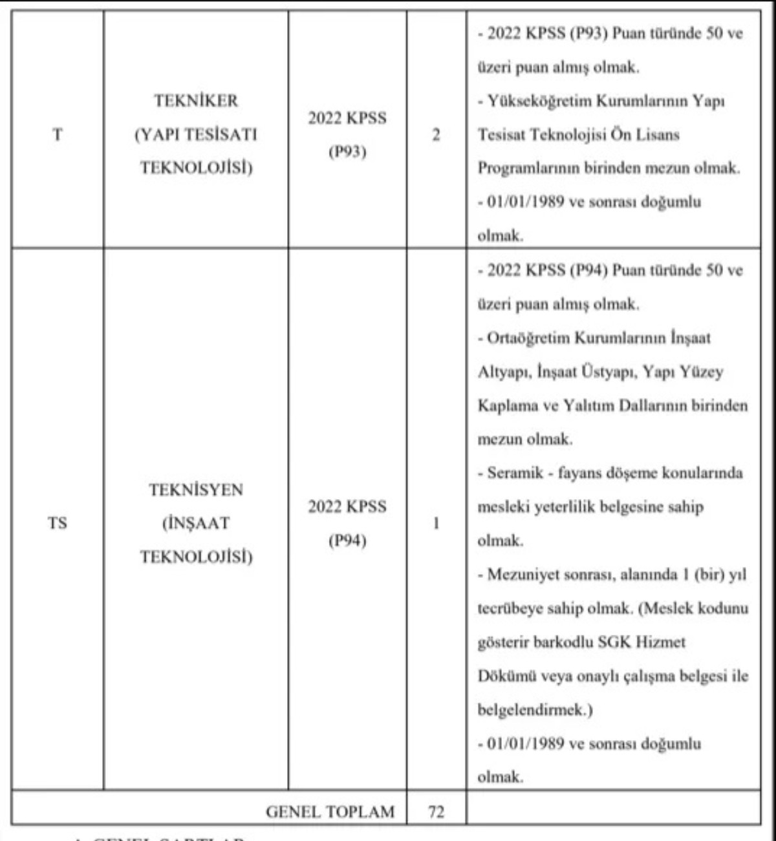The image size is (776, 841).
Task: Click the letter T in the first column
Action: pos(58,134)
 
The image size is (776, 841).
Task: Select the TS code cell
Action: pos(57,523)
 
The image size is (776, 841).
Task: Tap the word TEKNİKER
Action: pos(195,101)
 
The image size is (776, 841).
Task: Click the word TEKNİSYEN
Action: pos(196,490)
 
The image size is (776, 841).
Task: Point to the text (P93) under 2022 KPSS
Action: pos(347,152)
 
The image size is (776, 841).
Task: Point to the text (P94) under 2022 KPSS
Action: pos(347,540)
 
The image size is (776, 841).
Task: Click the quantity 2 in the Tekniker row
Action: pos(436,134)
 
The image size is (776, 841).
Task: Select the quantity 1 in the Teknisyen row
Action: pos(436,523)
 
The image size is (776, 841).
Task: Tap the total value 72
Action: pos(436,811)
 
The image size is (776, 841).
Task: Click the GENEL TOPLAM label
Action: pos(330,811)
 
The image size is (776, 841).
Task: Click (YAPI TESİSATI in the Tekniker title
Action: pos(195,134)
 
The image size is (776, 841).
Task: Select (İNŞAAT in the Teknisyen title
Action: pos(195,523)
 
